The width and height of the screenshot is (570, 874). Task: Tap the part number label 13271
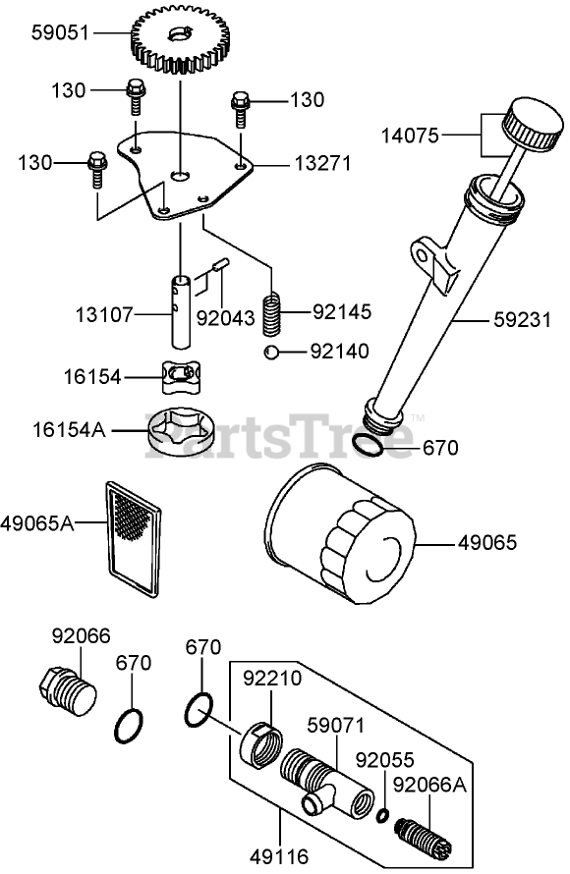(322, 163)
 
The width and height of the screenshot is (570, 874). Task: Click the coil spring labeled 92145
(271, 314)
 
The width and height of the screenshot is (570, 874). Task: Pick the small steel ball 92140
(271, 353)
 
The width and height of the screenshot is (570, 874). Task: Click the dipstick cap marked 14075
(532, 125)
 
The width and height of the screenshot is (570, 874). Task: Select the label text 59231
(523, 320)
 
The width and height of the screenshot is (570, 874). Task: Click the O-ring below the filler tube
(368, 444)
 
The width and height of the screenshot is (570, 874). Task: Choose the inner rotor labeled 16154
(181, 377)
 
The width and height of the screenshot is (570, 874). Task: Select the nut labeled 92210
(261, 744)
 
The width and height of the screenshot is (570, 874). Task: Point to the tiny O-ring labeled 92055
(382, 815)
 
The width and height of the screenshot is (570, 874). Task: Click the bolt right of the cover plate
(240, 109)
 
